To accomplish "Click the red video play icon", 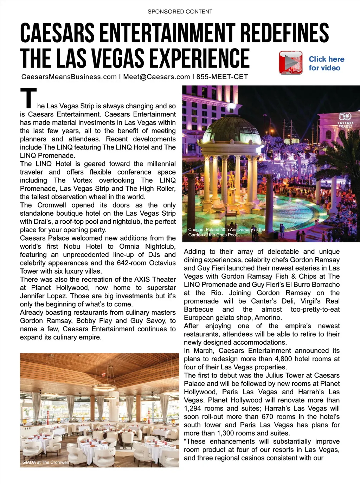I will (x=291, y=63).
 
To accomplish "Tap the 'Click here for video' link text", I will (x=326, y=64).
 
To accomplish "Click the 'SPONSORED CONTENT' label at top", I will (x=180, y=12).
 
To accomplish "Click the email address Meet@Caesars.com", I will (x=156, y=77).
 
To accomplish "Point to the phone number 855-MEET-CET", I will (x=222, y=77).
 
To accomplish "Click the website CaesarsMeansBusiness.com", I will (x=69, y=77).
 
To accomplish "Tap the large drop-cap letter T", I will (x=28, y=98).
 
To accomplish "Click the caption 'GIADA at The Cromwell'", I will (x=46, y=462).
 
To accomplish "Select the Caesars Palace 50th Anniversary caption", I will (x=226, y=232).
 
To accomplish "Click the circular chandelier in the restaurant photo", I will (x=104, y=388).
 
